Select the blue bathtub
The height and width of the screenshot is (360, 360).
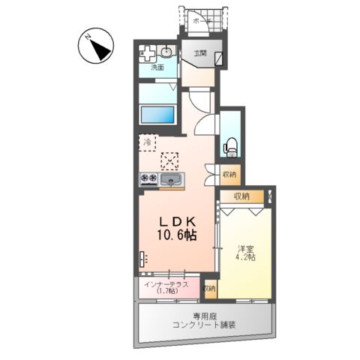(x=157, y=115)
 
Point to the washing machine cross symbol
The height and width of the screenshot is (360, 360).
(x=148, y=54)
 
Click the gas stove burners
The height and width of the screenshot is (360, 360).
(x=148, y=179)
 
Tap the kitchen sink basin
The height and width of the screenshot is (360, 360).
(x=173, y=180)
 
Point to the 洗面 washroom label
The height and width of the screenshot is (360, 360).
(x=157, y=67)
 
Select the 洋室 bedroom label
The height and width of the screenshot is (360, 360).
(x=247, y=248)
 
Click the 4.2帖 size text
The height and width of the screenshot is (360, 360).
(x=247, y=259)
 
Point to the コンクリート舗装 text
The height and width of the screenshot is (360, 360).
(x=203, y=325)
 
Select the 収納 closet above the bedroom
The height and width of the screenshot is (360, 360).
(x=241, y=196)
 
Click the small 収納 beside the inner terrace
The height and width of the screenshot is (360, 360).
(x=209, y=288)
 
